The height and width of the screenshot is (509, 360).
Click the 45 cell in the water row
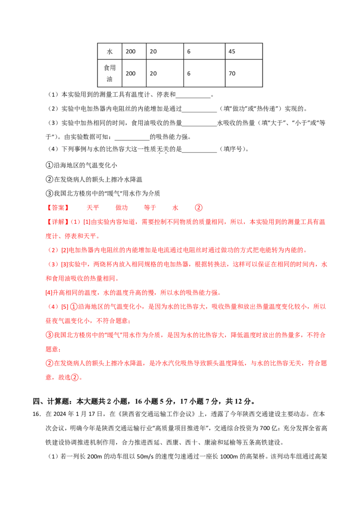[x=244, y=51]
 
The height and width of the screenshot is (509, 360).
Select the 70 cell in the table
[x=244, y=73]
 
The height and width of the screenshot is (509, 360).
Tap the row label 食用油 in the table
[x=110, y=73]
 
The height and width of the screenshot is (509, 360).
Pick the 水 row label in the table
[x=110, y=51]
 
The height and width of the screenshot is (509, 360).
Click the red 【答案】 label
[x=58, y=208]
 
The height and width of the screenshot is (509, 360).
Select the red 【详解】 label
[x=58, y=222]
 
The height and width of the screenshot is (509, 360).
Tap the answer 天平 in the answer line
[x=93, y=208]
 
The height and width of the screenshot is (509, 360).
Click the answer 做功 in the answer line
[x=121, y=208]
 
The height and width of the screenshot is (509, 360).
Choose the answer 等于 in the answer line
[x=150, y=208]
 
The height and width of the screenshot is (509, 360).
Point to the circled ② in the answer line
[x=198, y=208]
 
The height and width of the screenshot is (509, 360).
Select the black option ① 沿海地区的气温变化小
[x=81, y=165]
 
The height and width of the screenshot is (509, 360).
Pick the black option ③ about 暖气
[x=103, y=193]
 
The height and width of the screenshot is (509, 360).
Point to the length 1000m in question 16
[x=229, y=456]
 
